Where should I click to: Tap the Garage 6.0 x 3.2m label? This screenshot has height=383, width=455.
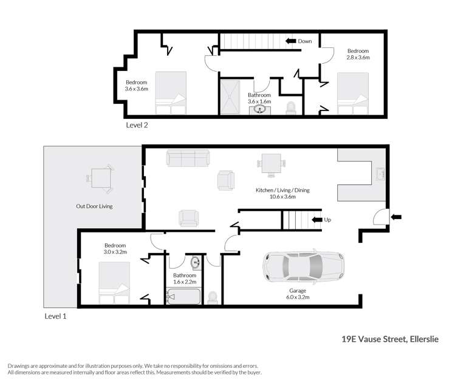point(297,294)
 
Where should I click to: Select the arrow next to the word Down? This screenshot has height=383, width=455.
point(290,41)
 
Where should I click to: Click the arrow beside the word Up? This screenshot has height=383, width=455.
point(316,220)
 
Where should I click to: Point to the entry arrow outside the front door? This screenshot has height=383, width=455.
point(397,217)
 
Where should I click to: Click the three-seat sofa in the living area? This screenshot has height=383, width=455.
point(187,159)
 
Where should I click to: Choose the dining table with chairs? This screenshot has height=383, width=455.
point(271,163)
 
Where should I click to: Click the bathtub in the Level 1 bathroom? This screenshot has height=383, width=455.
point(183,297)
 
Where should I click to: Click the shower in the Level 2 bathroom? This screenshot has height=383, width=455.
point(232,97)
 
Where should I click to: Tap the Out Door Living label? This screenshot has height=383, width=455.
point(94,206)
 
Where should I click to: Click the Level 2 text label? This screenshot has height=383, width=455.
point(137,126)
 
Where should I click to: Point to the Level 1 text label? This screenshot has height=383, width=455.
point(56,316)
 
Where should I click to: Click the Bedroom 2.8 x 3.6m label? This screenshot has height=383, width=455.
point(358,54)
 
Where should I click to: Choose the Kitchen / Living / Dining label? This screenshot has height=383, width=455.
point(282,193)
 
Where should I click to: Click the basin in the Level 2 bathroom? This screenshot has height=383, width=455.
point(261,110)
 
